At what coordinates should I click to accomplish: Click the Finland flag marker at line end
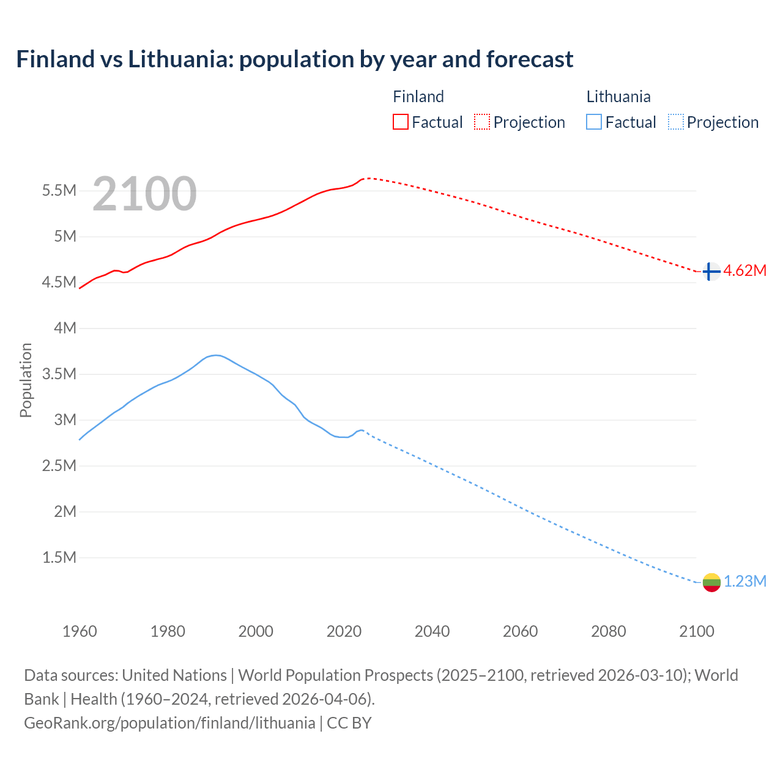[x=711, y=271]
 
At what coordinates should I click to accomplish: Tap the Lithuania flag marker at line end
[x=711, y=582]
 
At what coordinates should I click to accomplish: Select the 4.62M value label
[x=744, y=271]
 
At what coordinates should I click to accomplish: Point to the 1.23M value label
[x=744, y=582]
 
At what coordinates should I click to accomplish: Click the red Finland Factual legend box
[x=400, y=122]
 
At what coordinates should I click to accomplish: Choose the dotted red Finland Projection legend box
[x=482, y=122]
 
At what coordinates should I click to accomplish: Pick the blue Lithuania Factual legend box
[x=593, y=122]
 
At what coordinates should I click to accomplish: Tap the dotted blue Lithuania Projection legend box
[x=675, y=122]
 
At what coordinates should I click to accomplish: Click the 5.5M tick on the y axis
[x=59, y=191]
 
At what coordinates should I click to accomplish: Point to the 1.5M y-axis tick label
[x=59, y=557]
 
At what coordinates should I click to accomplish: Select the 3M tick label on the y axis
[x=65, y=420]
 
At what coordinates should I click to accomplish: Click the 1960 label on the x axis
[x=80, y=631]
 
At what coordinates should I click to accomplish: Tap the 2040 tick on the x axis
[x=432, y=631]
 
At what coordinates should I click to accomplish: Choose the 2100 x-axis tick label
[x=696, y=631]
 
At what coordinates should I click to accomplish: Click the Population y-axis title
[x=26, y=380]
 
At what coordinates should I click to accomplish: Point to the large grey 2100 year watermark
[x=144, y=194]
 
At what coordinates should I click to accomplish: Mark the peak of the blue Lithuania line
[x=215, y=355]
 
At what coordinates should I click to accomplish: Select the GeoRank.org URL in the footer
[x=169, y=723]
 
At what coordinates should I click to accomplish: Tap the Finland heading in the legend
[x=418, y=97]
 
